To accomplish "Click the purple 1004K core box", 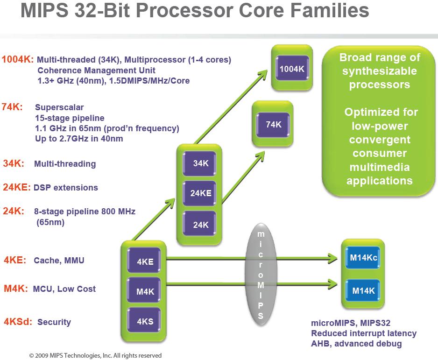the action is coord(292,68).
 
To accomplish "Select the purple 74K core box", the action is coord(273,125).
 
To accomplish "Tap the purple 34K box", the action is coord(199,163).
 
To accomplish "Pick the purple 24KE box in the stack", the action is coord(199,193).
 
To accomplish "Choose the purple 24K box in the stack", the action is coord(199,224).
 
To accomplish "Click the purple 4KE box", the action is coord(144,261).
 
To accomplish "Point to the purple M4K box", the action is coord(144,291).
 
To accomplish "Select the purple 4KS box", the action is coord(144,321).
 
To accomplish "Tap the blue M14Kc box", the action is coord(363,257).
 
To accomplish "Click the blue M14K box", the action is coord(363,290).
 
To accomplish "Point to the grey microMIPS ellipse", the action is coord(261,275).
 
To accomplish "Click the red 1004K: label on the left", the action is coord(18,59).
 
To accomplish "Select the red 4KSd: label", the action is coord(18,322).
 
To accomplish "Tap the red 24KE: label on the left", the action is coord(16,187).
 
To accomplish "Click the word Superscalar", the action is coord(59,107).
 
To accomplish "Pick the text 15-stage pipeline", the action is coord(70,118).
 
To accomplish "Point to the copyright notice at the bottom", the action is coord(95,355).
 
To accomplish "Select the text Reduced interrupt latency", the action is coord(364,333).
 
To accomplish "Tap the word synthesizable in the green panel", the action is coord(380,71).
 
